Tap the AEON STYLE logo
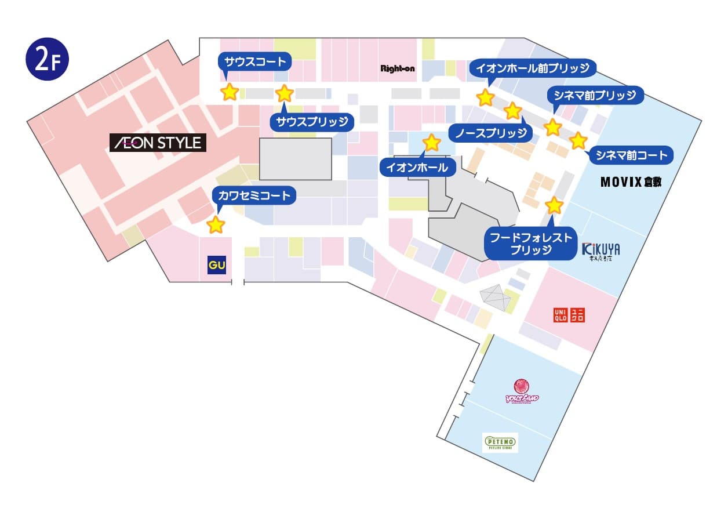158,143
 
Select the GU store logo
216,266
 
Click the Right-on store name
397,68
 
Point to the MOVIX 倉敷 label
631,182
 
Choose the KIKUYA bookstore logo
600,251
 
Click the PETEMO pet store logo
500,443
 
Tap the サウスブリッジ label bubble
312,121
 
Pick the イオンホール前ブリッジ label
532,68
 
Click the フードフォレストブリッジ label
531,243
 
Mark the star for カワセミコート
216,225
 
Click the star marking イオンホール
431,142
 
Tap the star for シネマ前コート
578,140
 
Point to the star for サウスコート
230,92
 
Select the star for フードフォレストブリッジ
554,205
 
